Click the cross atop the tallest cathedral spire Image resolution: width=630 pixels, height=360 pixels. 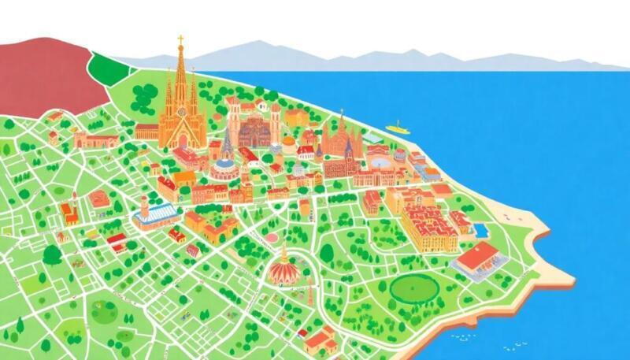point(180,39)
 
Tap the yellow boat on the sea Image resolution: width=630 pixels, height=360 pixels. point(397,127)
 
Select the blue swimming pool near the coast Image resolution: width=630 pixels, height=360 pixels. point(479,229)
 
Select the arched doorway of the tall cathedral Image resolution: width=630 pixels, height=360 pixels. point(182,141)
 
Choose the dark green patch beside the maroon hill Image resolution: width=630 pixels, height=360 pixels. point(109,69)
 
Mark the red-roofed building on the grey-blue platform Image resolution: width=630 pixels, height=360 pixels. point(478,260)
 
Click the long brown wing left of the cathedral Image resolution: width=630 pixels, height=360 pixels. point(146,132)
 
